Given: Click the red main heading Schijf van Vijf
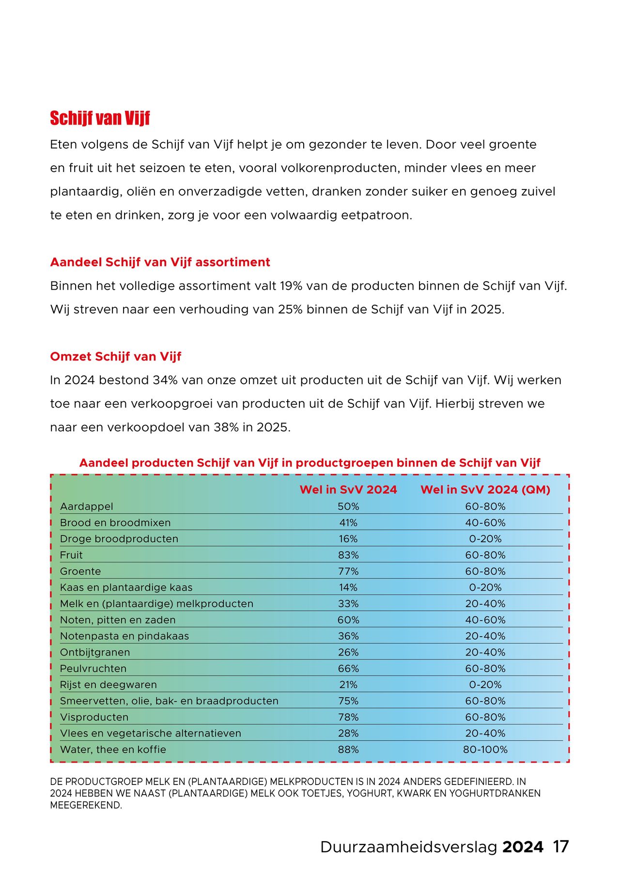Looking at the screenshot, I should [100, 118].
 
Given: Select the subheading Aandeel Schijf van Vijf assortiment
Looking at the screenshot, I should [160, 262].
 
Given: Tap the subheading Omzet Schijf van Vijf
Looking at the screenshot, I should [115, 357].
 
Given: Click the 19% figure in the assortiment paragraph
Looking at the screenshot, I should [291, 286].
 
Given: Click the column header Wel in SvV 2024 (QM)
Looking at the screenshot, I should [485, 489].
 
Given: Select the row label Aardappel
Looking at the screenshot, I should [86, 506].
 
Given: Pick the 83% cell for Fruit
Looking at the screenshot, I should [348, 555].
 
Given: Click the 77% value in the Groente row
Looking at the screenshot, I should [348, 571].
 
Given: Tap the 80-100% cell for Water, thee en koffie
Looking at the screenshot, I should [485, 750].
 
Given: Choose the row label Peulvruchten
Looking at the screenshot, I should [93, 669].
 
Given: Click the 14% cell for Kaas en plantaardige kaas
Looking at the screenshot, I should [348, 587].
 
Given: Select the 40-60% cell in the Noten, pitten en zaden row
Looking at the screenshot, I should [485, 620].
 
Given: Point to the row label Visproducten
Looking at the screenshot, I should [94, 717].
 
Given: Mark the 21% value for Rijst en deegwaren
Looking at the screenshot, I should [348, 685].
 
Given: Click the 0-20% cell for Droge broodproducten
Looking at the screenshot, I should [485, 539].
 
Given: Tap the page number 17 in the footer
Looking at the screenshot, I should [560, 846].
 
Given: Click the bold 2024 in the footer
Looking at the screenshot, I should [523, 846].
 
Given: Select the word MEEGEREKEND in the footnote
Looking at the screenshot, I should [86, 805].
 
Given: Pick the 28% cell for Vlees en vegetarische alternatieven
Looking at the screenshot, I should [348, 733].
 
